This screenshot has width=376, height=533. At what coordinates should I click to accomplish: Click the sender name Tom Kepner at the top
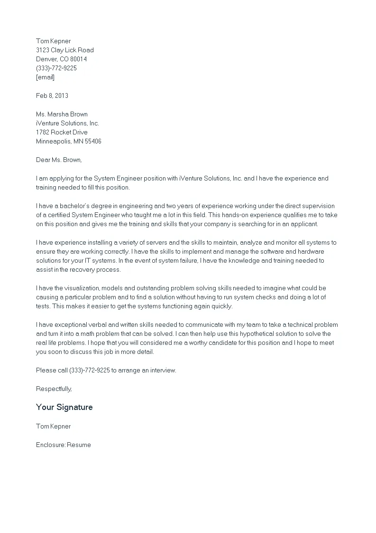click(x=53, y=41)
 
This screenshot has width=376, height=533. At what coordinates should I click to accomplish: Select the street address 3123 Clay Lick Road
click(x=64, y=50)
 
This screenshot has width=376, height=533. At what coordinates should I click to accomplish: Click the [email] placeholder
click(x=45, y=77)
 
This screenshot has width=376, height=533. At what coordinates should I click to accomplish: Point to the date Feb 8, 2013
click(x=52, y=95)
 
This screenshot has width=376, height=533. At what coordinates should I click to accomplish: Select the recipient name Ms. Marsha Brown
click(x=62, y=114)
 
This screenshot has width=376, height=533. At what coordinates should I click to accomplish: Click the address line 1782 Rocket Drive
click(x=62, y=132)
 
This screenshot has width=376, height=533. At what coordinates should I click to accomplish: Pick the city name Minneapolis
click(x=53, y=141)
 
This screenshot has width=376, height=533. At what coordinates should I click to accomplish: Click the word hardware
click(x=312, y=251)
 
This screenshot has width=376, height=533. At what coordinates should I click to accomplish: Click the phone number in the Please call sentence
click(x=89, y=370)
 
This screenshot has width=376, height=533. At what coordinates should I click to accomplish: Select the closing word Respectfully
click(x=54, y=389)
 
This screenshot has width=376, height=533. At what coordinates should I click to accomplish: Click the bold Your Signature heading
click(x=64, y=407)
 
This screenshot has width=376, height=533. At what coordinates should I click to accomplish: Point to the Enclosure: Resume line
click(x=63, y=445)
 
